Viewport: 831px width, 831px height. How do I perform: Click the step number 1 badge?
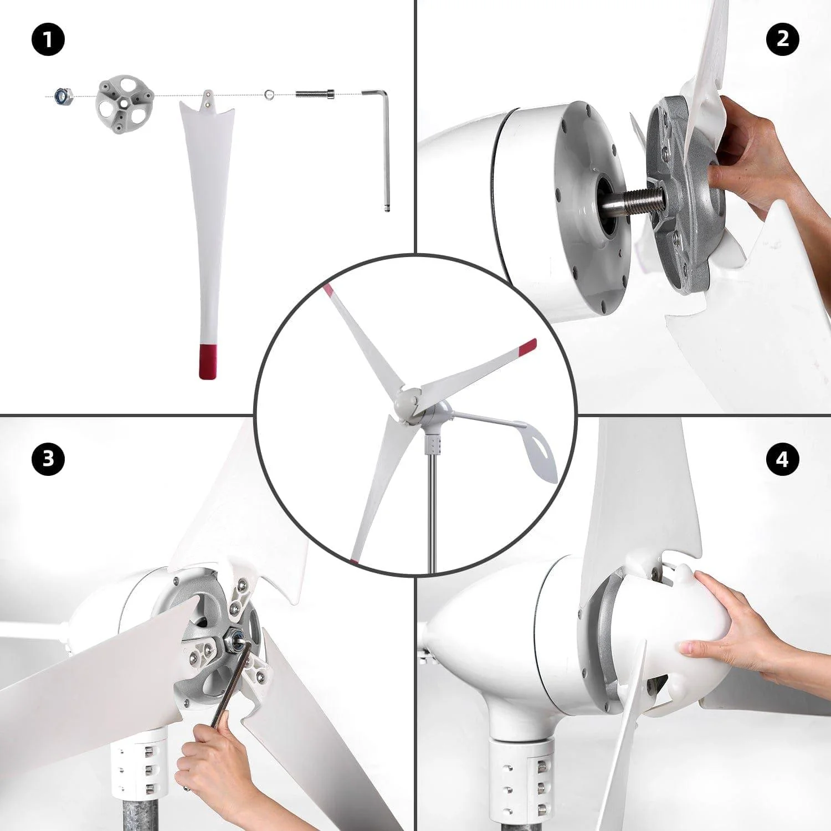48,40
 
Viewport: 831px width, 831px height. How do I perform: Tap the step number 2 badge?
782,39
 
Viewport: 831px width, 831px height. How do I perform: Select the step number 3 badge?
48,459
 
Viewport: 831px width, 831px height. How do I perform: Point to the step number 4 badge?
782,459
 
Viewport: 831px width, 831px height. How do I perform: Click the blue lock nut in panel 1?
61,96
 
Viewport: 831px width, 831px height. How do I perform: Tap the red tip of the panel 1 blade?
208,361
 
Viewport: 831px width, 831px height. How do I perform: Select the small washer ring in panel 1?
269,94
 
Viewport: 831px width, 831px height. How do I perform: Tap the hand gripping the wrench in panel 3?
213,765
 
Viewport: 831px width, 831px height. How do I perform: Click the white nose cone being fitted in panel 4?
665,643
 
